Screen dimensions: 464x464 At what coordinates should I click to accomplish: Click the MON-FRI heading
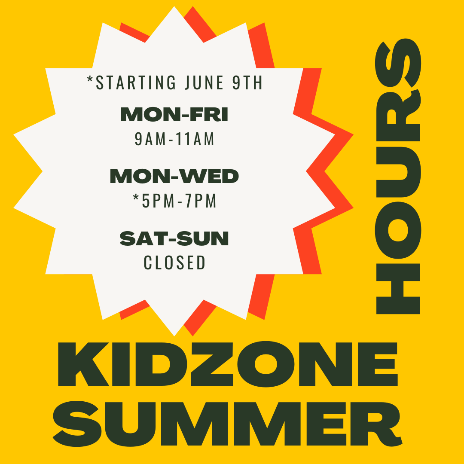tap(174, 115)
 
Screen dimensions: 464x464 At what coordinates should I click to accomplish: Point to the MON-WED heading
tap(174, 176)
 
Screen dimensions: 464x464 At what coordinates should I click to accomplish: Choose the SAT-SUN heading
tap(174, 238)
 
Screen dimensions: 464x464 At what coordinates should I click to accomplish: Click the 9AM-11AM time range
tap(174, 139)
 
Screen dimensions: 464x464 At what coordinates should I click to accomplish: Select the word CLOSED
tap(174, 263)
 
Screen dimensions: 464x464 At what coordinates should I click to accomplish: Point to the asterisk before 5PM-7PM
tap(136, 198)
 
